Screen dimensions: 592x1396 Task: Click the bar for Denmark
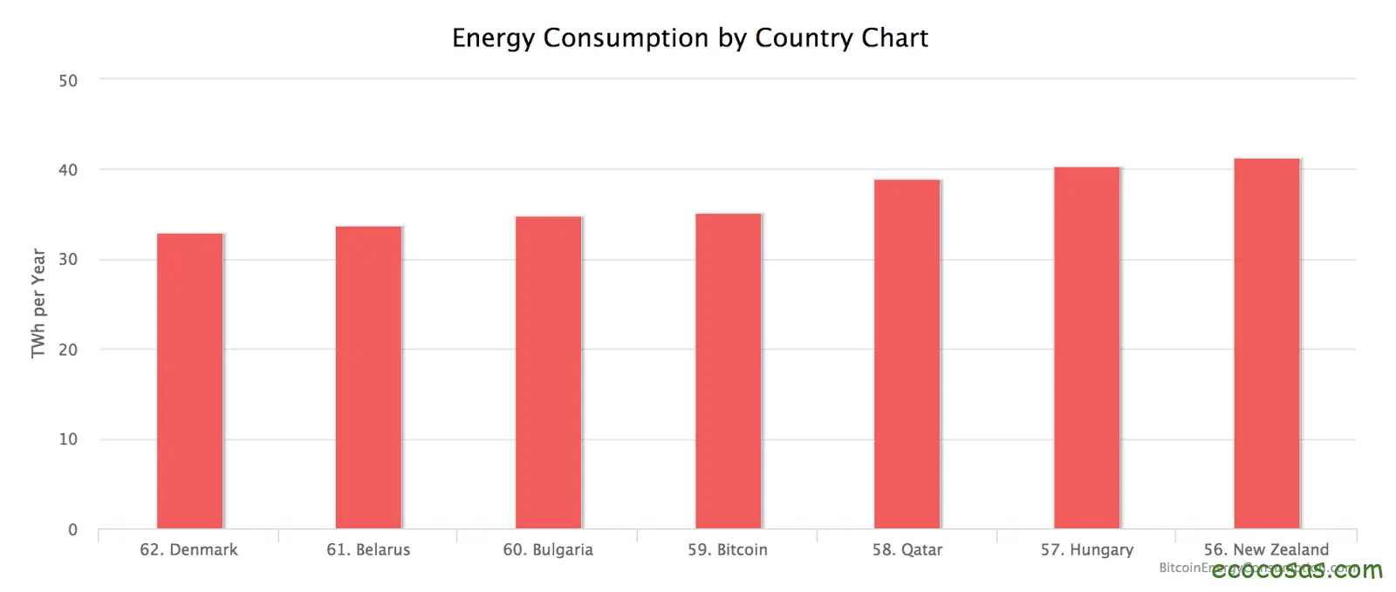point(189,381)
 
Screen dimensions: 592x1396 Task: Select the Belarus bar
point(368,378)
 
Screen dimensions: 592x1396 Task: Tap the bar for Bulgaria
point(548,372)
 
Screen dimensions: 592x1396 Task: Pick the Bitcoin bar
point(728,371)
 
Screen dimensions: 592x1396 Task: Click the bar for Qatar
point(907,354)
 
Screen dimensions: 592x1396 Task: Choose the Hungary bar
point(1086,348)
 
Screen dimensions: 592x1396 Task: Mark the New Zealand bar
point(1266,344)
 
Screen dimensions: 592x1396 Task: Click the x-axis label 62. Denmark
point(188,550)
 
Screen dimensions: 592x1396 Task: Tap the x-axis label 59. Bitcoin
point(728,550)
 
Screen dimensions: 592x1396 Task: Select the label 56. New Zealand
point(1266,550)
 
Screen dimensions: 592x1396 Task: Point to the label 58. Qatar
point(907,550)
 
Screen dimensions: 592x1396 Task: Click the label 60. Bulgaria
point(548,550)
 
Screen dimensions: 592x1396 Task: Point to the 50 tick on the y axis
point(68,81)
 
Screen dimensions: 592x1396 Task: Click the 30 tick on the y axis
point(68,260)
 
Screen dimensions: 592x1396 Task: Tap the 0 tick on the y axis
point(72,530)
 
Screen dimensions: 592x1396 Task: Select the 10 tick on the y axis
point(68,439)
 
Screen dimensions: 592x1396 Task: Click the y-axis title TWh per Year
point(38,303)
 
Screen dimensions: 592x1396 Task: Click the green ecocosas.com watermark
point(1297,571)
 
